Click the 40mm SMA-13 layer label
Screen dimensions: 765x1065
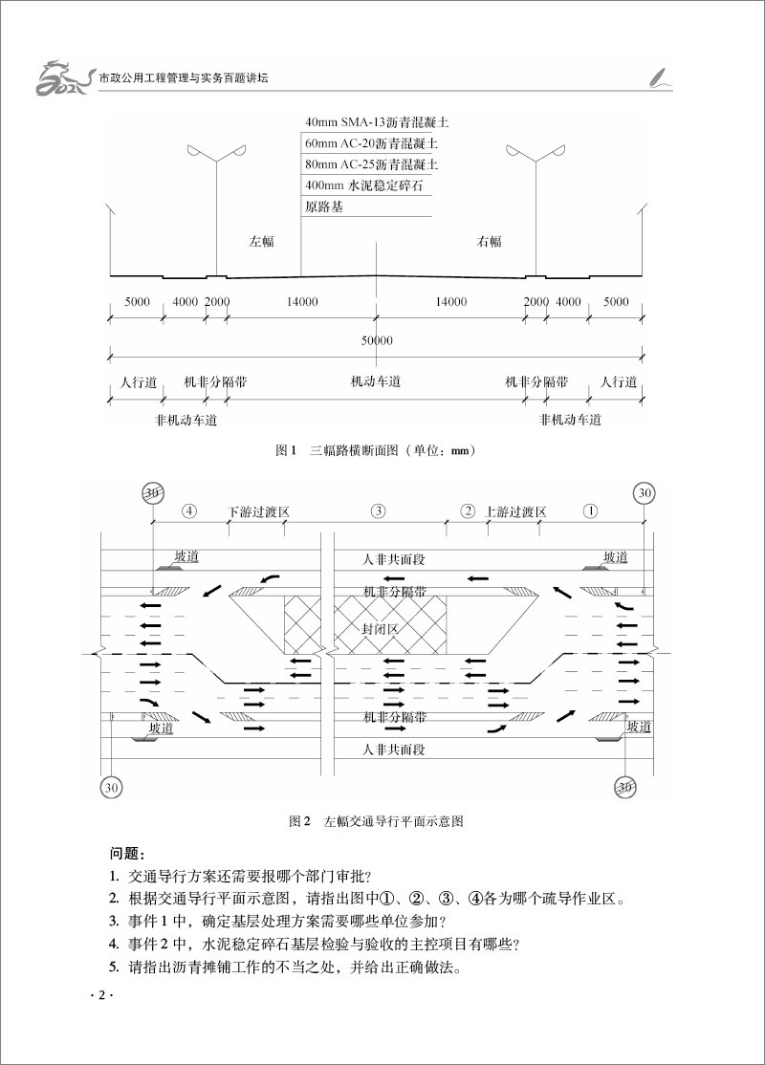coord(377,123)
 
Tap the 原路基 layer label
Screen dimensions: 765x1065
coord(323,207)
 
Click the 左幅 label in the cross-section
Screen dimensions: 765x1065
coord(262,241)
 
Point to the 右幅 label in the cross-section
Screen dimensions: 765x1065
coord(490,241)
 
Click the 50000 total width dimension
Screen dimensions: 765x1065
coord(377,340)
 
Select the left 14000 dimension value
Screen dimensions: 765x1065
coord(301,301)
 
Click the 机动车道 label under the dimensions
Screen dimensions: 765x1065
coord(376,381)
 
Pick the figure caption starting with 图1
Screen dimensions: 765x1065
coord(376,450)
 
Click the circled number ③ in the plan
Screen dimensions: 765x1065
coord(379,511)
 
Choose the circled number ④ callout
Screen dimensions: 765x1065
coord(189,511)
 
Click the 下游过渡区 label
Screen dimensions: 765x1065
coord(258,511)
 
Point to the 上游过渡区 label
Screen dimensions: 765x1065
coord(515,511)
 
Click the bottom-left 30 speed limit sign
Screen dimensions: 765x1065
coord(112,787)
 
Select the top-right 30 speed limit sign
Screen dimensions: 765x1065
coord(645,493)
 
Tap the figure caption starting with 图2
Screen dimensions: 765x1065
coord(376,821)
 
